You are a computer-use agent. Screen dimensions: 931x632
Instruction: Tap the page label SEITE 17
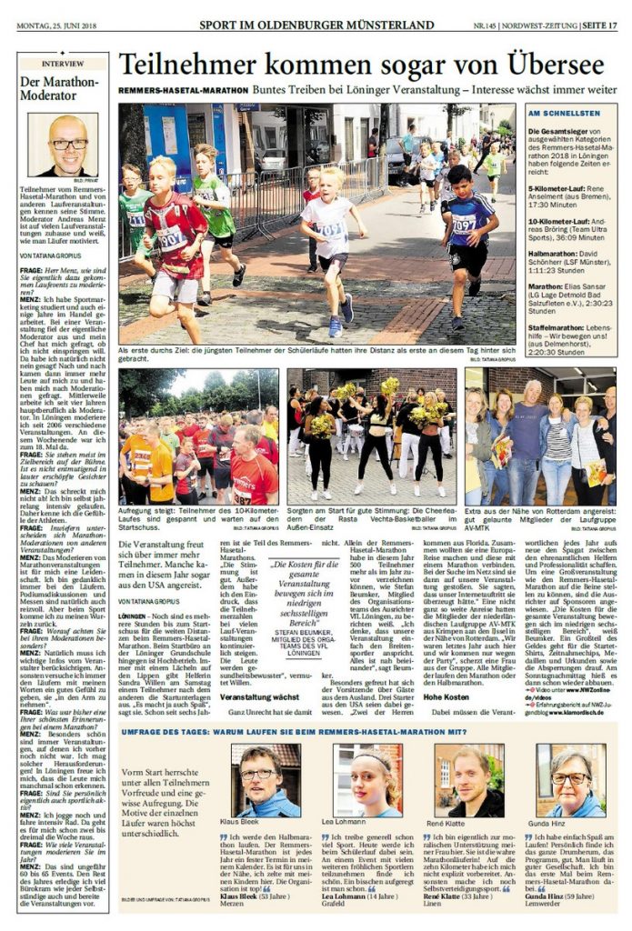[599, 25]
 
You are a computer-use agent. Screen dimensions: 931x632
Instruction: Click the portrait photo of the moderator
[63, 145]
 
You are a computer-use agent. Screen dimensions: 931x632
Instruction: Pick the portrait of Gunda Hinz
[570, 781]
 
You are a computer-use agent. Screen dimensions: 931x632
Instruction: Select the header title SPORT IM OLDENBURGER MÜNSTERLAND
[316, 25]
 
